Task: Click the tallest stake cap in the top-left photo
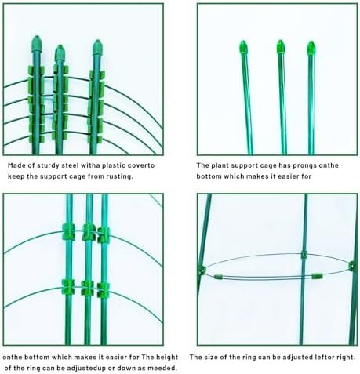[37, 44]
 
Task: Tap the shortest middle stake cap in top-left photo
[60, 53]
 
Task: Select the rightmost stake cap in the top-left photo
[97, 47]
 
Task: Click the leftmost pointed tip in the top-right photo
[243, 47]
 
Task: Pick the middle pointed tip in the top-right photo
[281, 46]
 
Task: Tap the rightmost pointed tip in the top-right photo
[311, 48]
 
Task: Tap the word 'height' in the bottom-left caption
[167, 357]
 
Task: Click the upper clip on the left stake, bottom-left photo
[68, 232]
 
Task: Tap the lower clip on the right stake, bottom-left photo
[104, 290]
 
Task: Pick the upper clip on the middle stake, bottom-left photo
[89, 232]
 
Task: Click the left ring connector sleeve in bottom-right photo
[218, 277]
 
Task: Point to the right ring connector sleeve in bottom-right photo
[317, 276]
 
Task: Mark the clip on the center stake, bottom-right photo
[304, 255]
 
